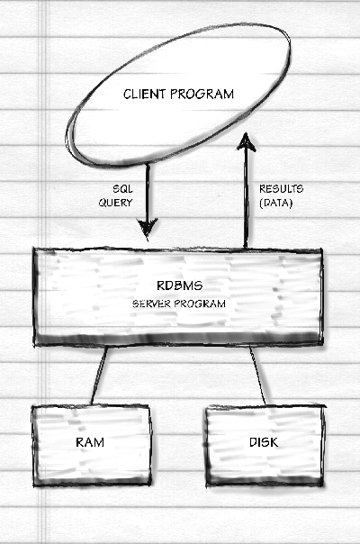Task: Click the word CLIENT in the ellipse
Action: (x=144, y=94)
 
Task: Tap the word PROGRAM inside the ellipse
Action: (x=202, y=94)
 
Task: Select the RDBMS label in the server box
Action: (x=179, y=286)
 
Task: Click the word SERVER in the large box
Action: (x=151, y=304)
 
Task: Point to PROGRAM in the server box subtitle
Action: (x=200, y=304)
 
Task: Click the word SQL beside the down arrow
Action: (x=122, y=189)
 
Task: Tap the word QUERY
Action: (x=115, y=203)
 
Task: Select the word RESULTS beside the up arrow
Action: (x=282, y=189)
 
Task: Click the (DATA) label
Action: (x=276, y=203)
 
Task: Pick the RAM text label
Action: (x=90, y=442)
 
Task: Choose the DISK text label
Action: (x=264, y=442)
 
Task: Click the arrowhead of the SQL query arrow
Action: (x=148, y=229)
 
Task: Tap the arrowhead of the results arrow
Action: (x=246, y=141)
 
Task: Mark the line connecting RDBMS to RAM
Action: (x=99, y=376)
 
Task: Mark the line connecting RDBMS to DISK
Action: (x=257, y=376)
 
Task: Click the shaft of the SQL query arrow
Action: (x=148, y=192)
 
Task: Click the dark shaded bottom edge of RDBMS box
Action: (x=178, y=338)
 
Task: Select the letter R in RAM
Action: (x=80, y=442)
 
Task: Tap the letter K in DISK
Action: (x=274, y=442)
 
